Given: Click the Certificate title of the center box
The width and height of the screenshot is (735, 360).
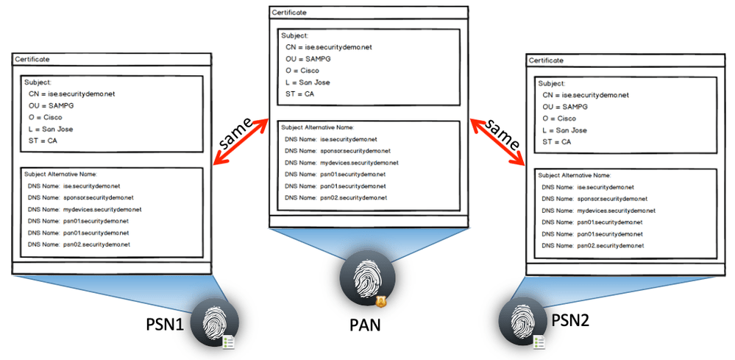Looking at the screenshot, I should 289,13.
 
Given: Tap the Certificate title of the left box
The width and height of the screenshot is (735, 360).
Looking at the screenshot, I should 32,59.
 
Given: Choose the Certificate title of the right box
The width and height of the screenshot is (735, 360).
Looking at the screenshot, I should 547,60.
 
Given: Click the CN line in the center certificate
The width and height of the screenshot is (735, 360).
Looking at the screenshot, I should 329,47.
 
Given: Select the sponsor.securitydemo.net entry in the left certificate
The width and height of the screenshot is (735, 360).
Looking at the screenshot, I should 98,198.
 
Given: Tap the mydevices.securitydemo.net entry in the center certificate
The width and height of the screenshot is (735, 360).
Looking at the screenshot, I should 358,163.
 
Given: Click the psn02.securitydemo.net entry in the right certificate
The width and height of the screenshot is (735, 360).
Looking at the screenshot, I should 610,245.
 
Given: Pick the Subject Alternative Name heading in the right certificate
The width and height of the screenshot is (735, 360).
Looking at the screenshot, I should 575,175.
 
